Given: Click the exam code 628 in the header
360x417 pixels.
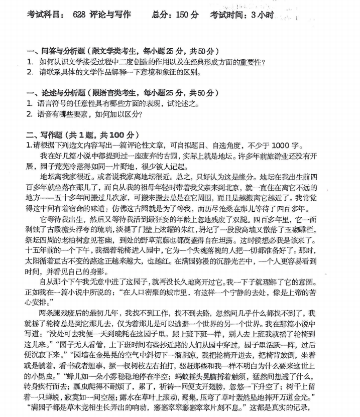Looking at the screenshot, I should (x=80, y=15).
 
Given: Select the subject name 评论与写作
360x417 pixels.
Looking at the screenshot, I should (x=111, y=15).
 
